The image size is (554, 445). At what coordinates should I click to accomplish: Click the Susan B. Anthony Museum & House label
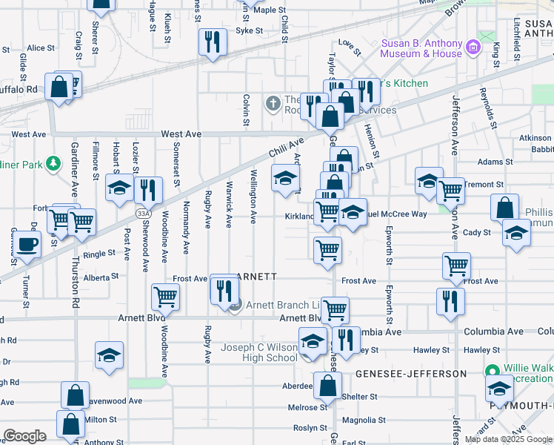coord(421,48)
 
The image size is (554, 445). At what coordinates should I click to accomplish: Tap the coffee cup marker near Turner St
coord(27,245)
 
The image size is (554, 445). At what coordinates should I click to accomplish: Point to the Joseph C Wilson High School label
coord(259,352)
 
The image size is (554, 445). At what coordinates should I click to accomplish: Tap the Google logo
coord(24,436)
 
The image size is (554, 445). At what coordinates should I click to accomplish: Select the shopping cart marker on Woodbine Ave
coord(165,297)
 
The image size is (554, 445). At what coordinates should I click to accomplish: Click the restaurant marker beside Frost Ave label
coord(224,290)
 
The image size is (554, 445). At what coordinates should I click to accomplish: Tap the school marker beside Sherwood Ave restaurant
coord(119,188)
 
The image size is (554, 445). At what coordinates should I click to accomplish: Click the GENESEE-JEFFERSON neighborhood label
coord(410,374)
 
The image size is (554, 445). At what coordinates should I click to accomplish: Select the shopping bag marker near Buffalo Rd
coord(59,87)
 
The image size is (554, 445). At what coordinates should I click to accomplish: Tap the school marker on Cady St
coord(516,232)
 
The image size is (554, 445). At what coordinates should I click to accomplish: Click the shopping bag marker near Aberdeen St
coord(327,385)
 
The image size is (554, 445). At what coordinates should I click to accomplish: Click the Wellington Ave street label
coord(253,197)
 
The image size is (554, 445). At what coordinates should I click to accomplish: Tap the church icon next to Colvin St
coord(273,103)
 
